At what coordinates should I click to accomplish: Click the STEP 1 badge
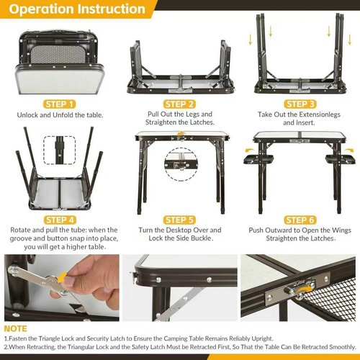coord(59,104)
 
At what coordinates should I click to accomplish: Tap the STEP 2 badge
coord(179,104)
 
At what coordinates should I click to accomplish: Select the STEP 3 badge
coord(300,104)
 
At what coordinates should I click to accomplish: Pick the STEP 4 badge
coord(60,220)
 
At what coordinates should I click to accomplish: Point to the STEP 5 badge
coord(179,220)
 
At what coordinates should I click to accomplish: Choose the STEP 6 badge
coord(300,220)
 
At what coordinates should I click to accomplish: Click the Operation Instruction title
coord(77,9)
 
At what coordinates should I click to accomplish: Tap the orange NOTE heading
coord(15,328)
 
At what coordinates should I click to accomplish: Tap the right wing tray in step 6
coord(340,159)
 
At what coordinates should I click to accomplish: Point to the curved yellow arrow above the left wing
coord(251,150)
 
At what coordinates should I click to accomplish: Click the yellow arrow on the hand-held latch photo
coord(62,276)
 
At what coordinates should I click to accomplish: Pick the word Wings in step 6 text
coord(341,230)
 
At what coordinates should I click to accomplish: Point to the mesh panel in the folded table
coord(58,54)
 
